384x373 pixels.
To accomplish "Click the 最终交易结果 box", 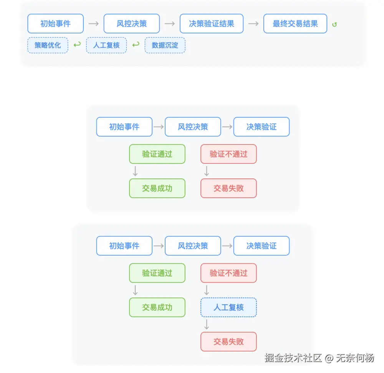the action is pos(295,23).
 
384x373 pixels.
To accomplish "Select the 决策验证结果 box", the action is pos(212,23).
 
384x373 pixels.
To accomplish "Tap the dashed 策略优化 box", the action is pos(48,45).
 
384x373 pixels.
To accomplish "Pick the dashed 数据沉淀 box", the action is pos(165,45).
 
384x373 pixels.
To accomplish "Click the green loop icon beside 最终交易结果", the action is pos(334,24).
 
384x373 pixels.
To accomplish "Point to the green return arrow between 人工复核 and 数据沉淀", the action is pos(136,45).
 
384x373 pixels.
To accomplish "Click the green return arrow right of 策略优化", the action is pos(77,45).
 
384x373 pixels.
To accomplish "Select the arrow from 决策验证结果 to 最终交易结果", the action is pos(253,23).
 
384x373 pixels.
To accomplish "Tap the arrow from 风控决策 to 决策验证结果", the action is pos(170,23).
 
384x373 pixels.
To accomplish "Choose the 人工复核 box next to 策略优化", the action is pos(106,45).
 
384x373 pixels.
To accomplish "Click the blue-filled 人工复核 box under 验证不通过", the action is pos(228,307).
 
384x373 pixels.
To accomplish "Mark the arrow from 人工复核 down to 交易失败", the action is pos(207,324).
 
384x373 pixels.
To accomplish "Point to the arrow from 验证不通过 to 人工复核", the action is pos(207,290).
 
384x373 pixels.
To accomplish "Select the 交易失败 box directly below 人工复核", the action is pos(228,341).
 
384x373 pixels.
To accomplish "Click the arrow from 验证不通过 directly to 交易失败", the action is pos(207,171).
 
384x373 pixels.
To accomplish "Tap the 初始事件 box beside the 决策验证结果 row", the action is pos(55,23).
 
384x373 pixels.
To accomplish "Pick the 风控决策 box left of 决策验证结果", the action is pos(132,23).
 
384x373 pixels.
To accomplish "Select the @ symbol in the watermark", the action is pos(329,358).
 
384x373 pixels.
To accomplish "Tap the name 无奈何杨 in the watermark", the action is pos(354,358).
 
